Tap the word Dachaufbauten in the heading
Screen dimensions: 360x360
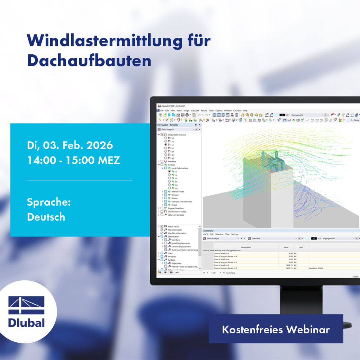point(89,61)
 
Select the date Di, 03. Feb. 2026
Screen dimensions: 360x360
point(70,145)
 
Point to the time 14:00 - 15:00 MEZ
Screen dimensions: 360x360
point(73,161)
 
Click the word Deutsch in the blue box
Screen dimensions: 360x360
point(46,217)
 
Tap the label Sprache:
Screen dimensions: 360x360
point(49,202)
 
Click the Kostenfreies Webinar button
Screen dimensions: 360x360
point(276,329)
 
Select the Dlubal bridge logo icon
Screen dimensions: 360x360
point(27,306)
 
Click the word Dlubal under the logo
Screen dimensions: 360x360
point(27,323)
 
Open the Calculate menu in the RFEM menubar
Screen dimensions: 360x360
point(195,110)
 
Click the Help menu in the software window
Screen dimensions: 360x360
point(245,110)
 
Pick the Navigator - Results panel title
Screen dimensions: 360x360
point(168,125)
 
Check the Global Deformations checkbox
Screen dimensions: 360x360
point(162,135)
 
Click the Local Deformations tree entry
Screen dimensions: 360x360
point(180,168)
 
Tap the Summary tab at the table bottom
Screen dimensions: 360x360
point(231,273)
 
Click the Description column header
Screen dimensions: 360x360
point(246,247)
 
